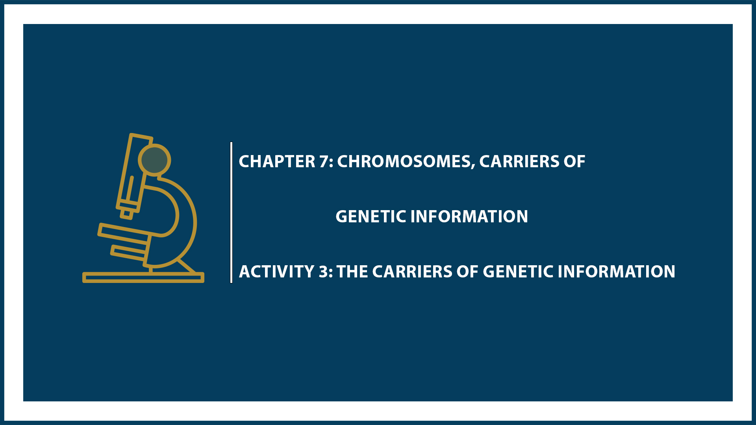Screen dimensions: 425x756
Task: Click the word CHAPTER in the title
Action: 277,162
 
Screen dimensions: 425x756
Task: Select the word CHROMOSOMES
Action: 406,162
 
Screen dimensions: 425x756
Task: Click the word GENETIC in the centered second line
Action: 371,217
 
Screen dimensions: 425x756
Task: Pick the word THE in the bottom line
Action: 352,272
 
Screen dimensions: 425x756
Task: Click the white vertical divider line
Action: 231,213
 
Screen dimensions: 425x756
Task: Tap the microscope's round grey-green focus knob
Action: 154,160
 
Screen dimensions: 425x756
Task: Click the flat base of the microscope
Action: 143,277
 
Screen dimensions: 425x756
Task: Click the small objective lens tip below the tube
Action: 126,214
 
